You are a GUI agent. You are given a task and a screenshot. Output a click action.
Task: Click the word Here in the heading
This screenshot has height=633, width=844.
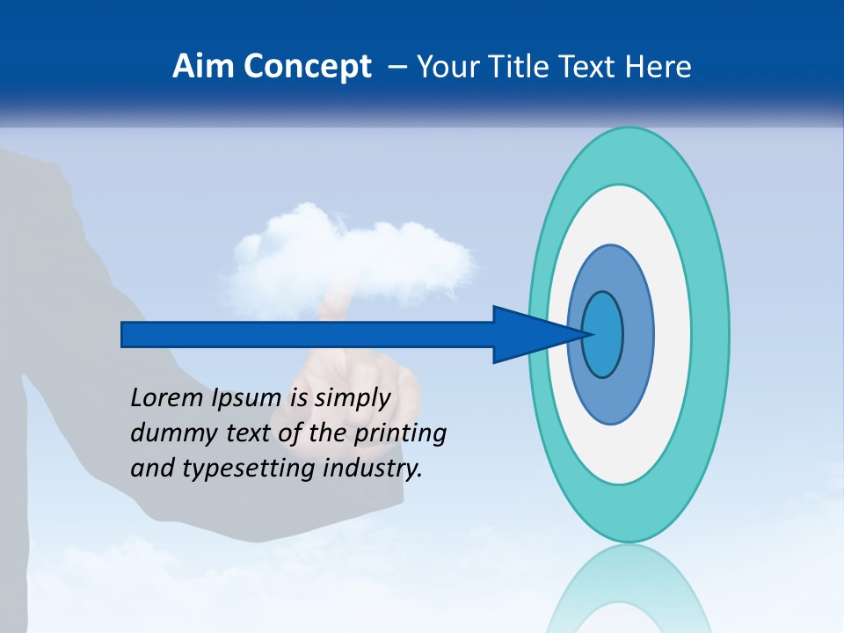[661, 67]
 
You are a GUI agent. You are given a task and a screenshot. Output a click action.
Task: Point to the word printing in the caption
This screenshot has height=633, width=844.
[400, 434]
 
